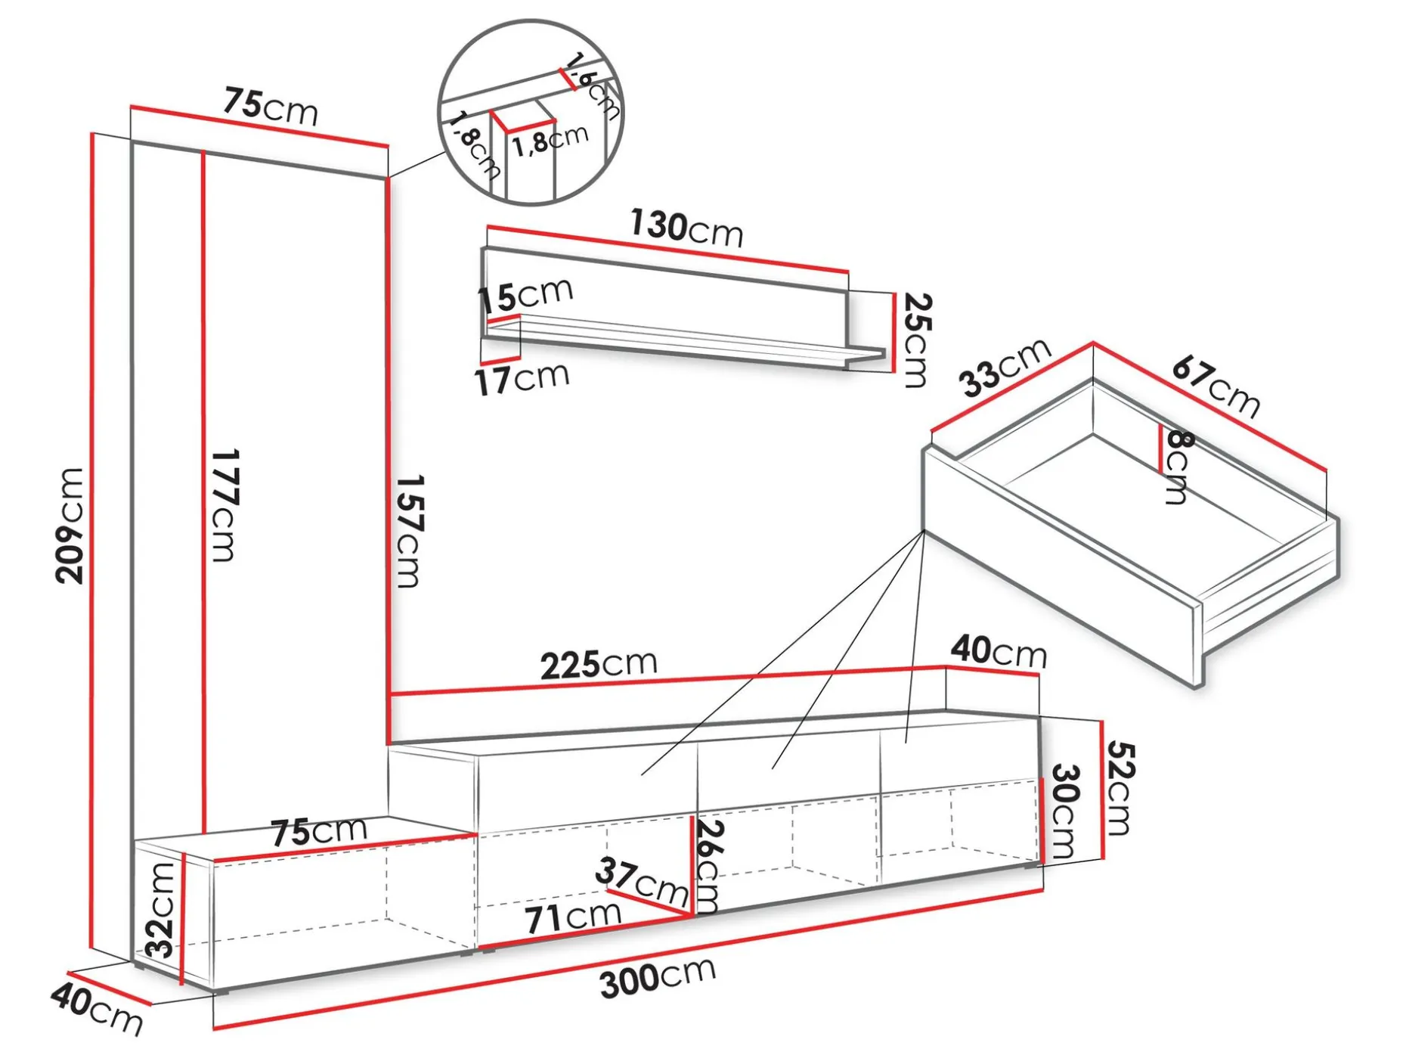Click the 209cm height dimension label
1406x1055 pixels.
[69, 526]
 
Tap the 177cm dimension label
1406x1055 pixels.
[224, 505]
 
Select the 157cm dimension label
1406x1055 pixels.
[409, 531]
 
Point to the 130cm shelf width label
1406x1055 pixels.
[686, 228]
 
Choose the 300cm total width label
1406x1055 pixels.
[658, 977]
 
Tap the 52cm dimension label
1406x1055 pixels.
[1120, 788]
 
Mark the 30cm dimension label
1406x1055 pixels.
[1064, 811]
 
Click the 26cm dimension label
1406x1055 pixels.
[710, 867]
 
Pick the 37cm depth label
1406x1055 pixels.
[642, 881]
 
